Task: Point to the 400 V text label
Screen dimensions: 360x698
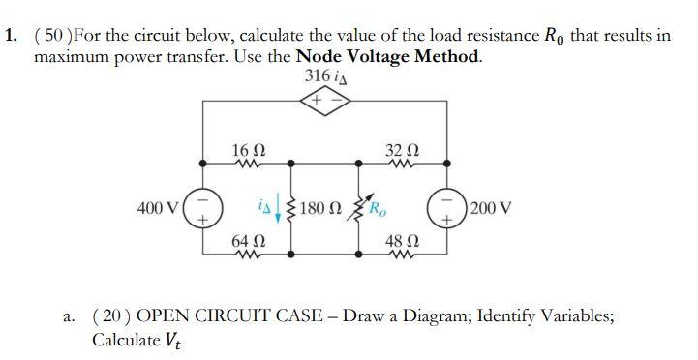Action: click(159, 207)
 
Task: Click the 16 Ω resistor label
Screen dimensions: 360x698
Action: click(246, 150)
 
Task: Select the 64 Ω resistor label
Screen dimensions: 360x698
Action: click(245, 239)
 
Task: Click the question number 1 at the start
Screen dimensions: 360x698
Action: click(10, 36)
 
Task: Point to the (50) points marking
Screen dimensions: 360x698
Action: click(53, 36)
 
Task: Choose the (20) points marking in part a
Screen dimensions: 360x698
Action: click(111, 316)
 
